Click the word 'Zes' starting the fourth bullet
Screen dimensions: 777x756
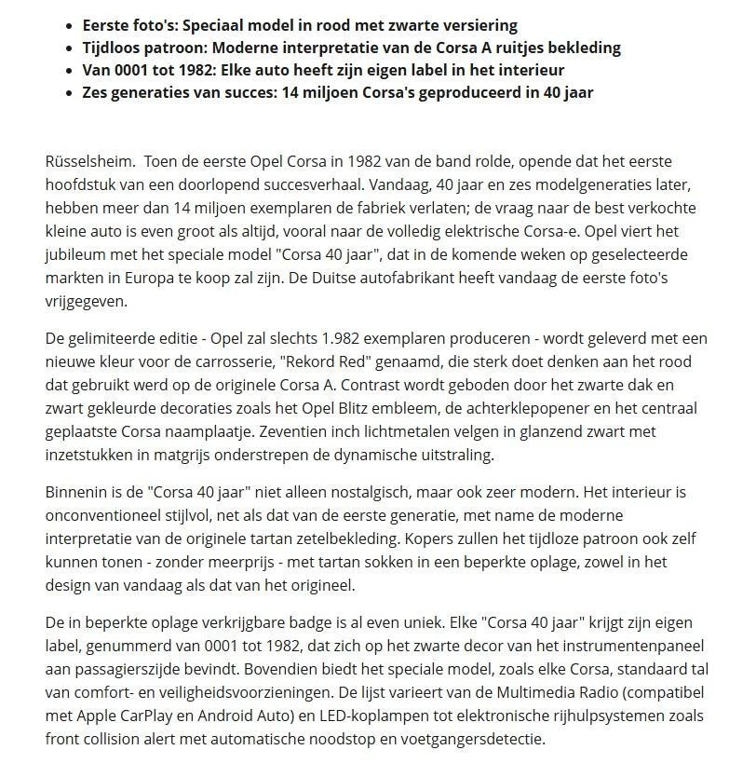pyautogui.click(x=97, y=92)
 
